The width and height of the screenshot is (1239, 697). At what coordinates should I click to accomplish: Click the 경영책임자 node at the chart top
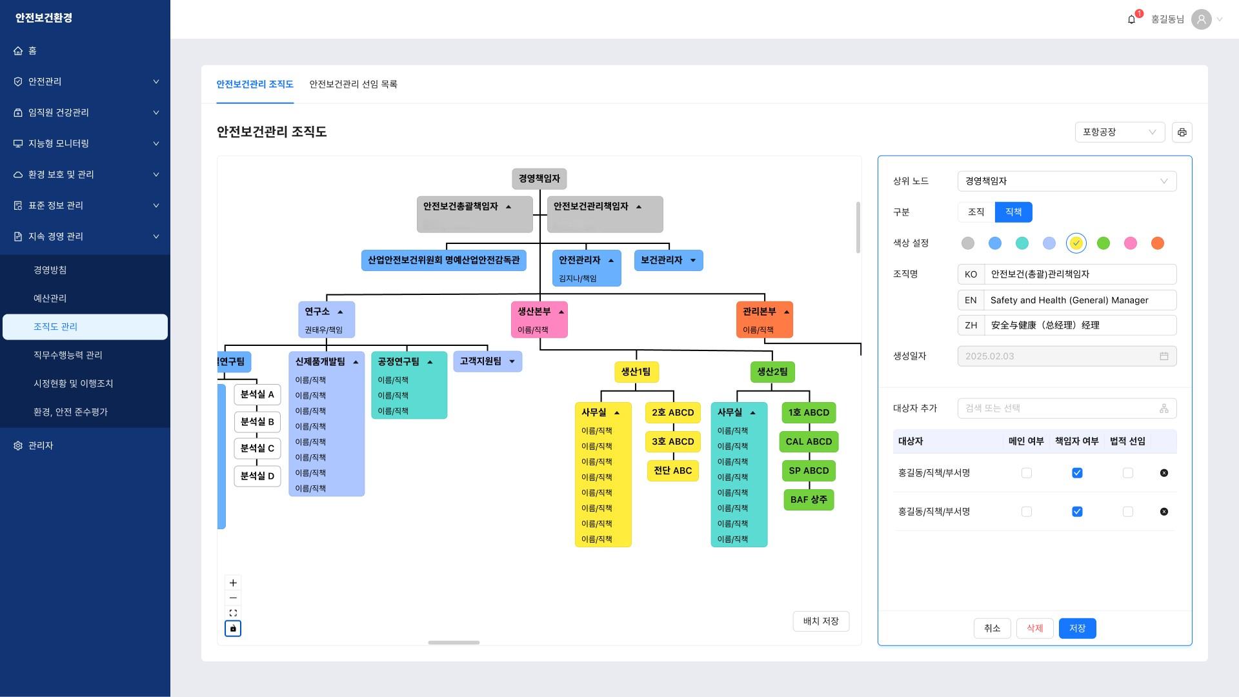coord(539,179)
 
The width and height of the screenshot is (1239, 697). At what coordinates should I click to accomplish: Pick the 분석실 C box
coord(257,449)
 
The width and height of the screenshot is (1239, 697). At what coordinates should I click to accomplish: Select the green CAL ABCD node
coord(809,442)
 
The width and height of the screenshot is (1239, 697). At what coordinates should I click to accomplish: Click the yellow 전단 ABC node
coord(672,471)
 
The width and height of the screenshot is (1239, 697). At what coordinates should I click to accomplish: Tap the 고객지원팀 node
coord(481,361)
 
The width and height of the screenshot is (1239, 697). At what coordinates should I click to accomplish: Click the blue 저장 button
coord(1077,629)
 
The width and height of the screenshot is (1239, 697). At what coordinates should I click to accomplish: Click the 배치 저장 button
coord(820,621)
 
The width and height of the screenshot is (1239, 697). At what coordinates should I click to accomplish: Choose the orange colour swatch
coord(1157,243)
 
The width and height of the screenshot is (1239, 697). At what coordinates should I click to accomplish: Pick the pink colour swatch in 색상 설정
coord(1130,243)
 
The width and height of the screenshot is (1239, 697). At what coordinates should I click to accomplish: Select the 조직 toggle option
coord(976,212)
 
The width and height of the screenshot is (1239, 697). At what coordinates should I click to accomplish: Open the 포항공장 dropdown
coord(1119,132)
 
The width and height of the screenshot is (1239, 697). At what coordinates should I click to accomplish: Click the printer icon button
coord(1182,132)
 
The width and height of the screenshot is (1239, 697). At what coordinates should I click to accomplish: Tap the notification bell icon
coord(1131,20)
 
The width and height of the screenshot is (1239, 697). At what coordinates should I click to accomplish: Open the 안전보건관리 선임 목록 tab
coord(353,85)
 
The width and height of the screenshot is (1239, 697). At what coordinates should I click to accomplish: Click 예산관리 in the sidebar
coord(50,298)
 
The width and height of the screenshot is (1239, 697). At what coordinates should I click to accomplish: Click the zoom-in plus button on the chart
coord(233,583)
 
